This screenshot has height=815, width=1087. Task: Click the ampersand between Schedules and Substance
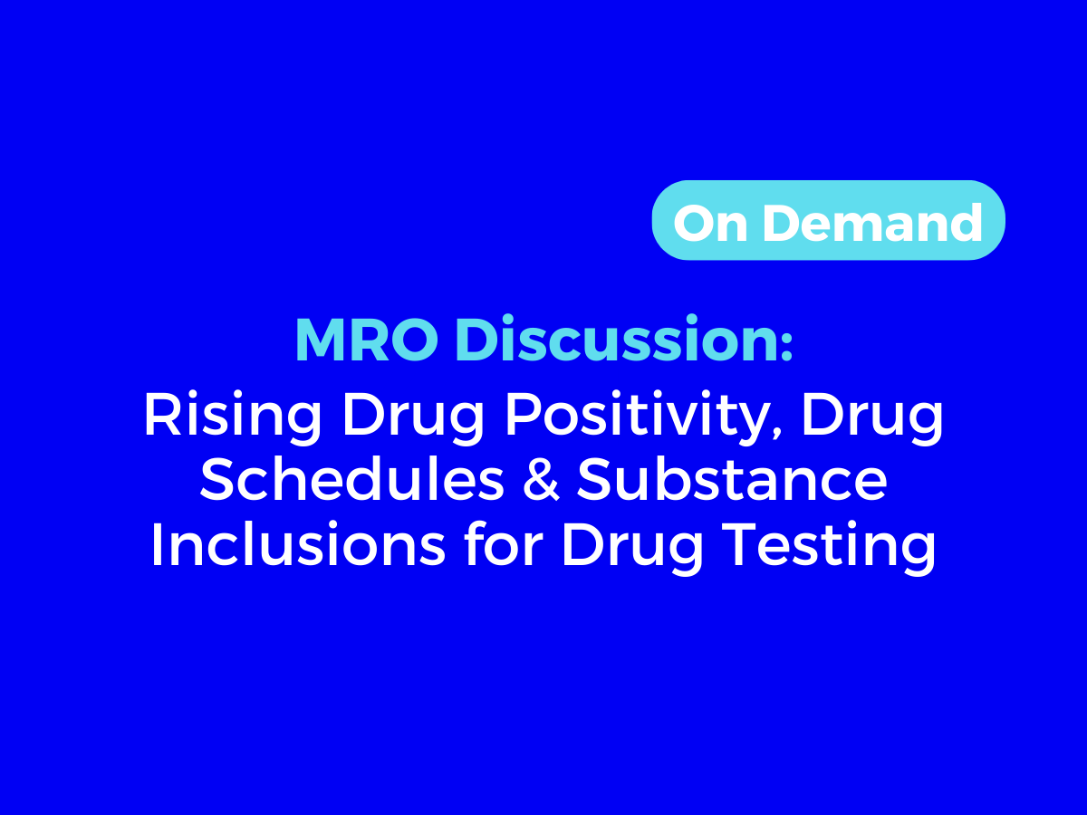(x=541, y=482)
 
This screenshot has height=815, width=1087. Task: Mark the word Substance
(x=732, y=482)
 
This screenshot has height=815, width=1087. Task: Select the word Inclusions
(x=297, y=545)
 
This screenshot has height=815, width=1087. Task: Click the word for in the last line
(x=501, y=545)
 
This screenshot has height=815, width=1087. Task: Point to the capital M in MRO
(x=314, y=341)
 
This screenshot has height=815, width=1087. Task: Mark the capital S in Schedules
(x=216, y=482)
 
